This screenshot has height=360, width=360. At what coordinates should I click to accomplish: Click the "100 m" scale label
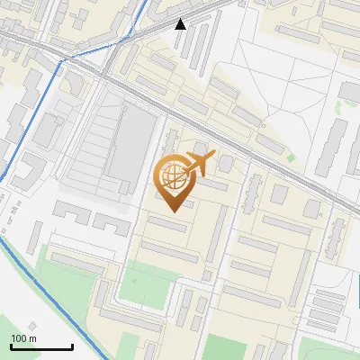coord(23,338)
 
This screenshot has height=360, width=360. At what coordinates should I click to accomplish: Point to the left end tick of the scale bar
coord(11,346)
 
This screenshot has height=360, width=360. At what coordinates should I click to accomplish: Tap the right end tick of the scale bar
coord(72,346)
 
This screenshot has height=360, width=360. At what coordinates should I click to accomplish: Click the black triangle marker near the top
coord(180,24)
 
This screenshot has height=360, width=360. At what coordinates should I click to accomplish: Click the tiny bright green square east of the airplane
coord(291,158)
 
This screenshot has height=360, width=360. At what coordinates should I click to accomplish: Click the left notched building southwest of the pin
coord(71,213)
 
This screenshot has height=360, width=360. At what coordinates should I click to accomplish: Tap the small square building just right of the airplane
coord(225,163)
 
